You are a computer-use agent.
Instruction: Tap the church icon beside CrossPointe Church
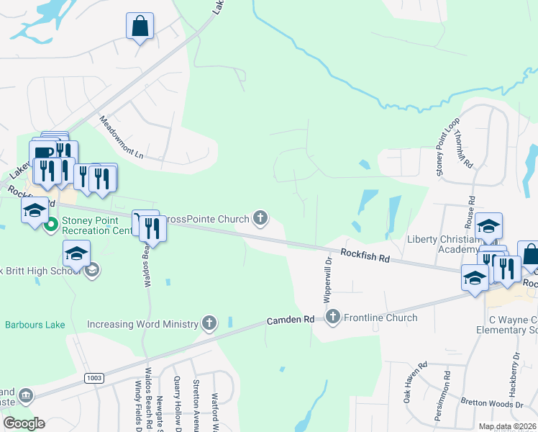[260, 217]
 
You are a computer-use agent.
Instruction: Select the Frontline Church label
[381, 318]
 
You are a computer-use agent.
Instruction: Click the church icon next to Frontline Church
[332, 317]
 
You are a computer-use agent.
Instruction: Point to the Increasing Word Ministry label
[142, 324]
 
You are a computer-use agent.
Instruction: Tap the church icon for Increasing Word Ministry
[209, 323]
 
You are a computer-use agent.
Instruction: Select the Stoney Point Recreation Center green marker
[50, 225]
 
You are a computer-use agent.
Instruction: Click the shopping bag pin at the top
[140, 27]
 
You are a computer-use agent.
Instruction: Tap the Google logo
[24, 423]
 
